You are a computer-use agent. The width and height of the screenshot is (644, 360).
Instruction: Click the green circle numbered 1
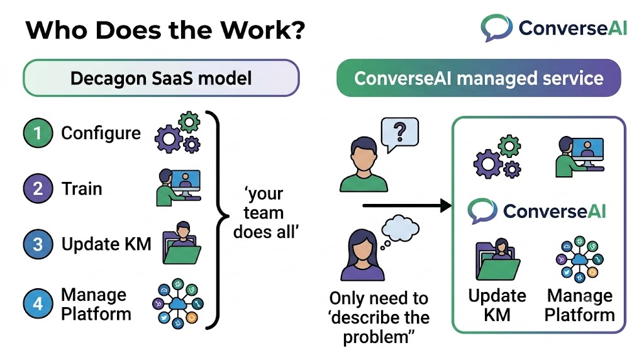38,133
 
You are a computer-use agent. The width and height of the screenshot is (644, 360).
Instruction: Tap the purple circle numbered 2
38,188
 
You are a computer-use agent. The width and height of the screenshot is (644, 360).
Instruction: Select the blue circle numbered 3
38,244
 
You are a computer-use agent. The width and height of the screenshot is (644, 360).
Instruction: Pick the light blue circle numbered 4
38,304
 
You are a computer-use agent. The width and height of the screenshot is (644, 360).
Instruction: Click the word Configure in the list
101,133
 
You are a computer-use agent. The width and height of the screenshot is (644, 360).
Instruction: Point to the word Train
82,189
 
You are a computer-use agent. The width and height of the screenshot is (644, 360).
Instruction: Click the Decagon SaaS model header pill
161,78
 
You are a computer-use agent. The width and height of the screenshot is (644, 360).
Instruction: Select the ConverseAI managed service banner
479,78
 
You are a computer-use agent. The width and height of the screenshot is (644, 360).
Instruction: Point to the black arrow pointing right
407,205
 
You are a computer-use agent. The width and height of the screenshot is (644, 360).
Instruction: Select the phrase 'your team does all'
265,213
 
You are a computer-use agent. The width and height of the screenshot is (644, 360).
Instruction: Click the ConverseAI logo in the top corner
553,28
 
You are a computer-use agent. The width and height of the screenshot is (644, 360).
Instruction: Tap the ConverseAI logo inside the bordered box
536,211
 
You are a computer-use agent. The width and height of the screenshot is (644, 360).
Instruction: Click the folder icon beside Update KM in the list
182,243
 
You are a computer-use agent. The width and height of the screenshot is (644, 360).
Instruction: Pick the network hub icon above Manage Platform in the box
579,259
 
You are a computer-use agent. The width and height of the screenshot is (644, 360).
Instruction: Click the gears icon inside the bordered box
497,157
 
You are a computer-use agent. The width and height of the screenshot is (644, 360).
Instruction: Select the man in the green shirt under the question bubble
364,164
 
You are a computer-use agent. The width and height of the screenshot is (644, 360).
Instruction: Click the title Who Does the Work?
165,30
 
